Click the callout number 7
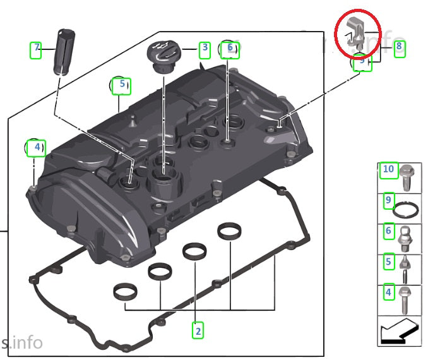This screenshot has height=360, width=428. pos(37,49)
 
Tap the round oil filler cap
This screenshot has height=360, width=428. pos(163,54)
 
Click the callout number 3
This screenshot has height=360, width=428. pos(204,49)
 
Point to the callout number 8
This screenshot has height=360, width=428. pos(399,47)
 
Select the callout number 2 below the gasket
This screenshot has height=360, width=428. pos(198,329)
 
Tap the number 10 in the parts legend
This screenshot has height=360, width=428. pos(388,169)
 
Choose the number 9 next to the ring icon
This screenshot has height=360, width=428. pos(388,201)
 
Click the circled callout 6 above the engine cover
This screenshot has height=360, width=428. pos(230,48)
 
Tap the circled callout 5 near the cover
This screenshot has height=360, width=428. pos(121,85)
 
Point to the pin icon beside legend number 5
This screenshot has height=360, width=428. pos(406,267)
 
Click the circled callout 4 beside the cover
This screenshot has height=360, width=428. pos(36,148)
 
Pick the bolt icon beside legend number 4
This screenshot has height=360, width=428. pos(406,299)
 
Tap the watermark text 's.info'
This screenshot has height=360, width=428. pos(21,343)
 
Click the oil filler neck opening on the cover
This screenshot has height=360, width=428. pos(162,170)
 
